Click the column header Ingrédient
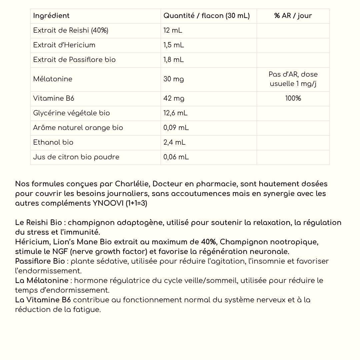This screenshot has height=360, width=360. pos(51,16)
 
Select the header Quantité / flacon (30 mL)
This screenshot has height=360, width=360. pos(206,16)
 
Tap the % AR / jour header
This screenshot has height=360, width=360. pos(293,16)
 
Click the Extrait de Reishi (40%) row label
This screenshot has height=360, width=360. pos(71,30)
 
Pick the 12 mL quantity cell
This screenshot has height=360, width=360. pos(173,30)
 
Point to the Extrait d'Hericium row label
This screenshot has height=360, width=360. pos(64,45)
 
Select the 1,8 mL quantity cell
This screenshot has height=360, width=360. pos(173,60)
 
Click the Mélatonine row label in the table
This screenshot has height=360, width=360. pos(53,79)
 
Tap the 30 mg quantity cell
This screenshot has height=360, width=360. pos(173,79)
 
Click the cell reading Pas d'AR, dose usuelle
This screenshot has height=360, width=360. pos(293,79)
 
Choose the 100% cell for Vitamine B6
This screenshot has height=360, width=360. pos(293,98)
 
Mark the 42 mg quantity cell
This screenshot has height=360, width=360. pos(174,98)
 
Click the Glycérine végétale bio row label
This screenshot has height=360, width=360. pos(71,113)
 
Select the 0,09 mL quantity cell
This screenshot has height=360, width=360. pos(176,128)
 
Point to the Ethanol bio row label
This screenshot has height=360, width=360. pos(53,142)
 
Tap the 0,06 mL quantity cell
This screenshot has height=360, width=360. pos(176,157)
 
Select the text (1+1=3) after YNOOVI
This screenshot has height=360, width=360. pos(136,203)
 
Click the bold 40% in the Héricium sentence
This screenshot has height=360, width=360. pos(209,242)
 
